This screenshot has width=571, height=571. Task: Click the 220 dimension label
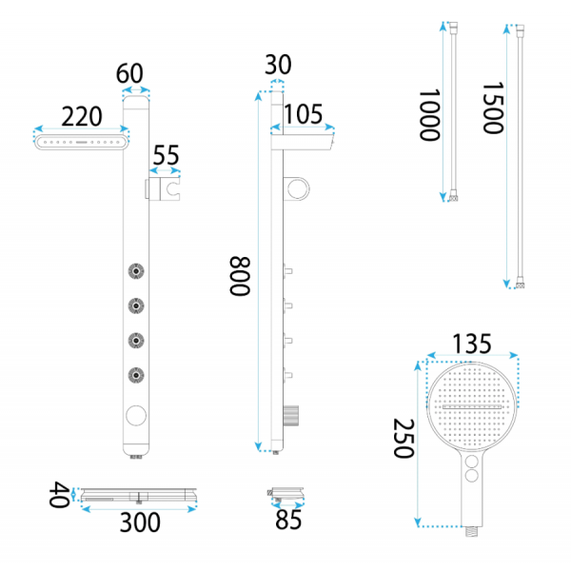[x=82, y=116]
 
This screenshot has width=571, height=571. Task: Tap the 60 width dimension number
[x=129, y=73]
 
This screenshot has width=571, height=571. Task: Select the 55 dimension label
[x=166, y=155]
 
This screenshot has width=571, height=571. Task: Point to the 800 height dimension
[x=240, y=276]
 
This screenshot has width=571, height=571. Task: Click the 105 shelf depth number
[x=303, y=114]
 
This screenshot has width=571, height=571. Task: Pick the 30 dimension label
[x=278, y=65]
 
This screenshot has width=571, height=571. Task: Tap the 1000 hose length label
[x=430, y=115]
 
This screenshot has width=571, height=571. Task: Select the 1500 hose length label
[x=493, y=108]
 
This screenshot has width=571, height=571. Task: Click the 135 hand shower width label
[x=472, y=344]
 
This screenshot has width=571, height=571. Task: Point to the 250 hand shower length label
[x=404, y=438]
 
